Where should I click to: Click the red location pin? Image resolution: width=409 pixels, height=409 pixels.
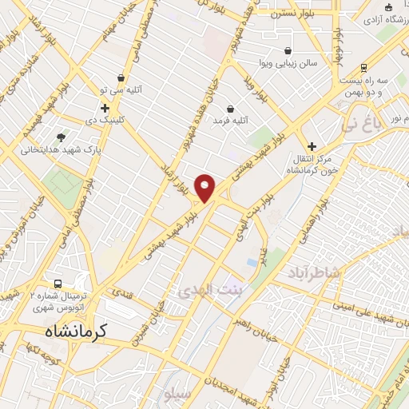(x=205, y=187)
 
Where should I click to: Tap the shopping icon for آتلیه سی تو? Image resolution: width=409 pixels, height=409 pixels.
(x=121, y=77)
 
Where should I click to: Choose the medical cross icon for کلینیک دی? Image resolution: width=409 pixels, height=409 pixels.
(x=105, y=108)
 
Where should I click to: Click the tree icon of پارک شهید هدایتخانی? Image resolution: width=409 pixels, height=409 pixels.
(x=62, y=137)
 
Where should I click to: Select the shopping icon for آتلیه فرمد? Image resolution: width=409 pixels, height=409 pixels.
(x=231, y=108)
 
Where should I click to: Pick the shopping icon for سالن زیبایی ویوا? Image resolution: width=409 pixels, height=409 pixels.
(x=287, y=50)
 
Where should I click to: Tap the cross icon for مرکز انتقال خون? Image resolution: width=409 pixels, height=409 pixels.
(x=312, y=147)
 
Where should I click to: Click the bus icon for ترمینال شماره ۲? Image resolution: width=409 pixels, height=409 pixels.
(x=58, y=284)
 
